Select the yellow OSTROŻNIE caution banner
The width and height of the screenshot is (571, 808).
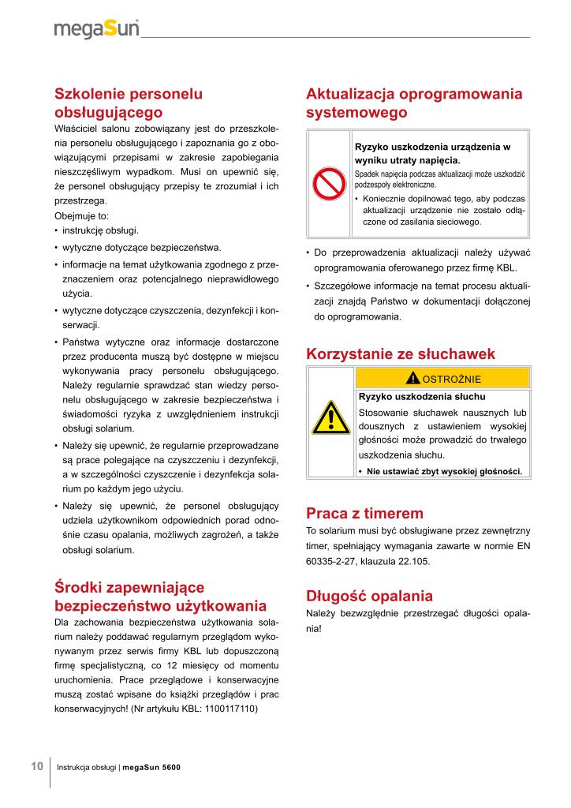pyautogui.click(x=442, y=377)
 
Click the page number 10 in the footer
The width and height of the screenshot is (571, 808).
pyautogui.click(x=37, y=767)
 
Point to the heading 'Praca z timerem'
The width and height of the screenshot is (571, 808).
pyautogui.click(x=364, y=513)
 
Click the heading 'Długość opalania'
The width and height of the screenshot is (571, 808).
pyautogui.click(x=369, y=595)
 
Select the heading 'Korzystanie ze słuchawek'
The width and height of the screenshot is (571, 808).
pyautogui.click(x=400, y=353)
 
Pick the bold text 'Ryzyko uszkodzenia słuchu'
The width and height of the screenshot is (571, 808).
pyautogui.click(x=422, y=396)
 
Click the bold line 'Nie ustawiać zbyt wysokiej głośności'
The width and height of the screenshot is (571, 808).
pyautogui.click(x=443, y=471)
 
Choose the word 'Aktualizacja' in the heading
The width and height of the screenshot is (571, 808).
pyautogui.click(x=351, y=94)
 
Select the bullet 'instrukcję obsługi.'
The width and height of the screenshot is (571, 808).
pyautogui.click(x=100, y=230)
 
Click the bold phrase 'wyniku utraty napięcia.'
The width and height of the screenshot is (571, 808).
pyautogui.click(x=407, y=160)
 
